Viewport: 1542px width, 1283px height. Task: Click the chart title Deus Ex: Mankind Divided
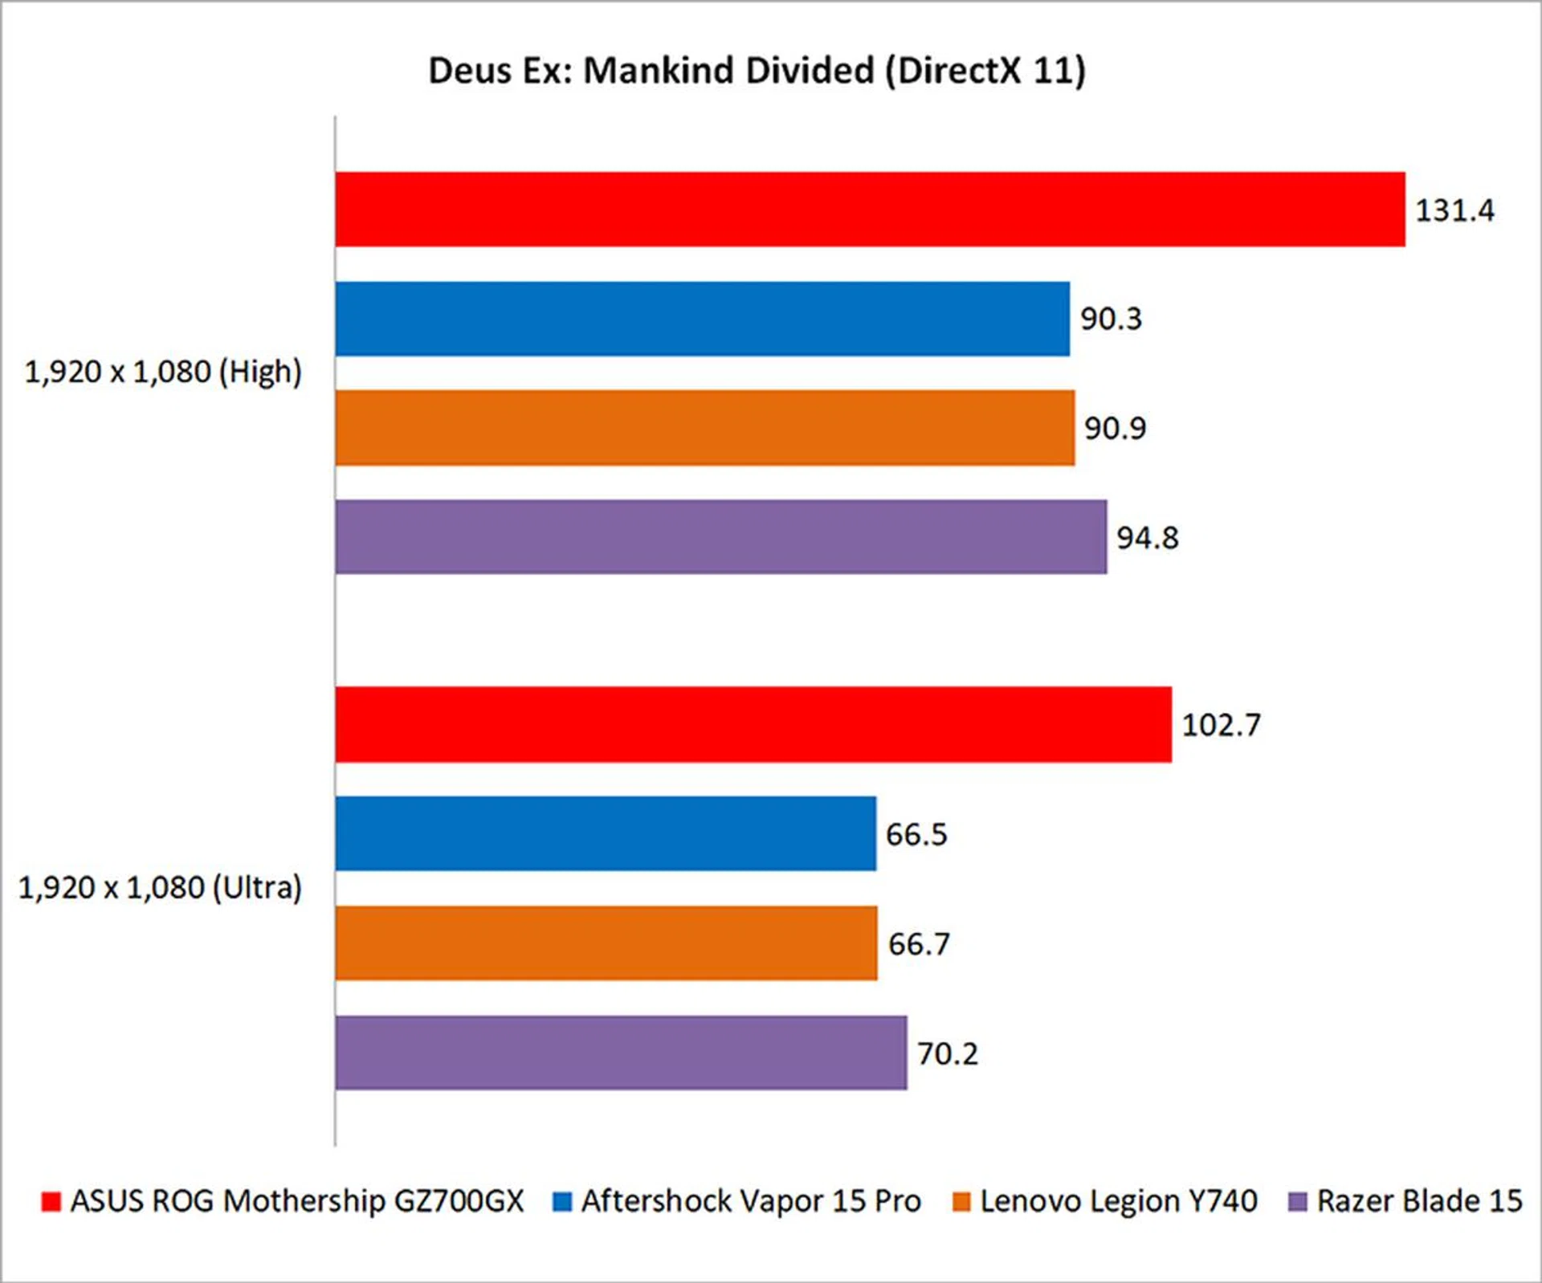757,71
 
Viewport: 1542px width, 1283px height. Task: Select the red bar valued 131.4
870,210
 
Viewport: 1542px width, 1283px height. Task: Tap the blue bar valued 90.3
702,319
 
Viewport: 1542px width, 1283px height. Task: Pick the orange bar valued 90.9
704,428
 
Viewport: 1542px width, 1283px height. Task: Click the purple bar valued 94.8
720,537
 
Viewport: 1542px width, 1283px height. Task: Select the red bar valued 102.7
753,724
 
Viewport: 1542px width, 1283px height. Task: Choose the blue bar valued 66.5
606,833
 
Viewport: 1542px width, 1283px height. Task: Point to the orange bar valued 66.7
606,943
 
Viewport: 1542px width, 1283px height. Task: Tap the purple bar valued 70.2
621,1053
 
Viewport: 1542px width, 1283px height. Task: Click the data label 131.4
1454,210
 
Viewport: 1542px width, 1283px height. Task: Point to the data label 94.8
1147,538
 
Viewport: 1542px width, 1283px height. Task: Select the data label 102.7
1221,725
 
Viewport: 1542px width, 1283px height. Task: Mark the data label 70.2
948,1053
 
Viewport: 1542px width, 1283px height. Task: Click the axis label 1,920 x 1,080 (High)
163,373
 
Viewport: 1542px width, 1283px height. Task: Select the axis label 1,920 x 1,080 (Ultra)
160,888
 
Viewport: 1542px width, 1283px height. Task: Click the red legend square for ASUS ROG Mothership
51,1202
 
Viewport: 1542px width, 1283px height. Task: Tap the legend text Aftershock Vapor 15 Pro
751,1201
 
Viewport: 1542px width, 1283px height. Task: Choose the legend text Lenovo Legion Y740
1118,1201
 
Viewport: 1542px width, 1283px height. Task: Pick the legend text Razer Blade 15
1419,1201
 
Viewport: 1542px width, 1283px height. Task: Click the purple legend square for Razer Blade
1297,1202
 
